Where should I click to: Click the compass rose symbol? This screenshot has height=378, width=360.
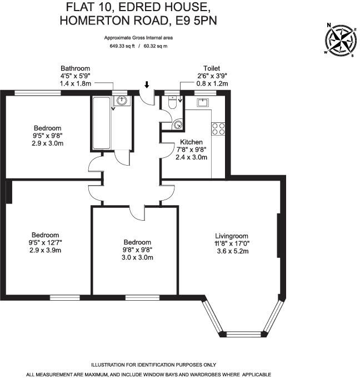pos(341,40)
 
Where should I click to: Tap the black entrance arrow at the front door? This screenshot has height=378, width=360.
pos(147,85)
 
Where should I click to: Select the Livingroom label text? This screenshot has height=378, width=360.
pos(232,235)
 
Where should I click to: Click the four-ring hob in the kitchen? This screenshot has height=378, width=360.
pos(218,129)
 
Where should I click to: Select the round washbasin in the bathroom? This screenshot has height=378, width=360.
pos(121,101)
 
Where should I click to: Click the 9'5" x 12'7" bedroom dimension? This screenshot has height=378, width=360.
pos(45,243)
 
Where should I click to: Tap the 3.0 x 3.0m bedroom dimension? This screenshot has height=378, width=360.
pos(137,257)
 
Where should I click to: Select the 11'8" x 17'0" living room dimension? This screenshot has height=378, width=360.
pos(232,243)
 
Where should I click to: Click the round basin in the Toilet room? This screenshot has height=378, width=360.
pos(177,125)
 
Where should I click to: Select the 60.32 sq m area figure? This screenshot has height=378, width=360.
pos(156,46)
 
